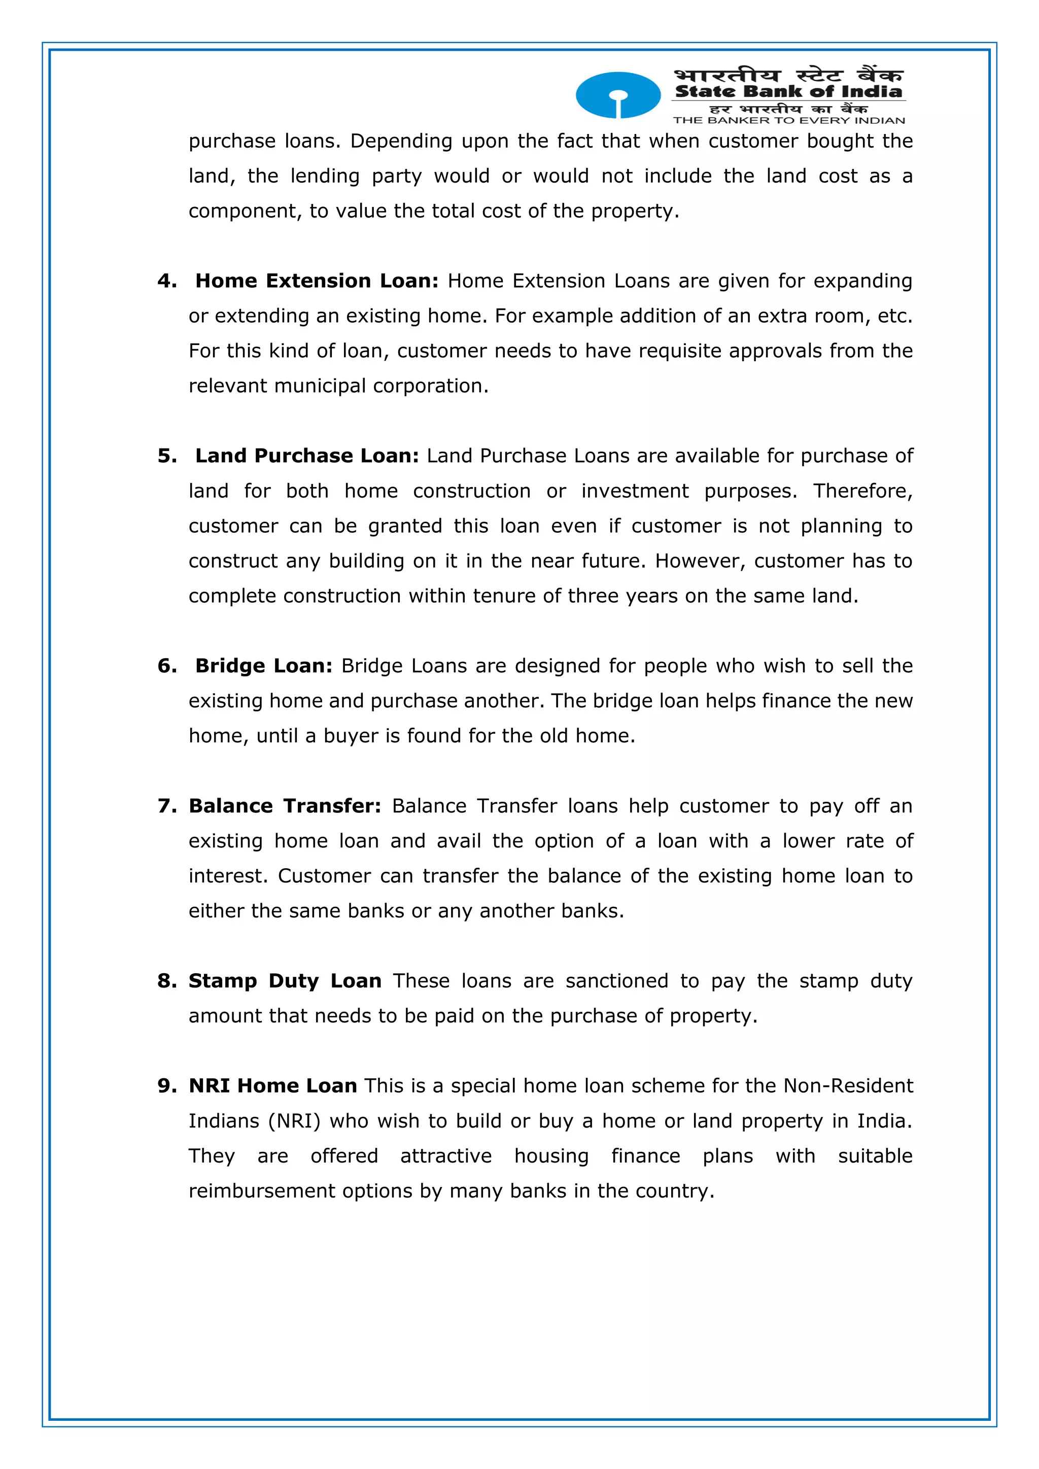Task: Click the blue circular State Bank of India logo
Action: [x=617, y=95]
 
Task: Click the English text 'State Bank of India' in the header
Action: [x=788, y=91]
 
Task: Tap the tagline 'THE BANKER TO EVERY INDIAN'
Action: [x=788, y=120]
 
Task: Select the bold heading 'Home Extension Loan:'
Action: [x=317, y=281]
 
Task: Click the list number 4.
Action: [x=166, y=281]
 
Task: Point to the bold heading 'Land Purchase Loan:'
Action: [x=307, y=456]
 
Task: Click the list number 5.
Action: [x=166, y=456]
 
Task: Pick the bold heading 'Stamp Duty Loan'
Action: [x=285, y=981]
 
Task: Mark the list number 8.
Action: [x=166, y=981]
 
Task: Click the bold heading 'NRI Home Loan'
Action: [x=272, y=1086]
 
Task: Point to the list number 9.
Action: [x=166, y=1086]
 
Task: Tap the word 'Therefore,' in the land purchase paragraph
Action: [x=862, y=491]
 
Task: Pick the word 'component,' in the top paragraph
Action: [x=245, y=211]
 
